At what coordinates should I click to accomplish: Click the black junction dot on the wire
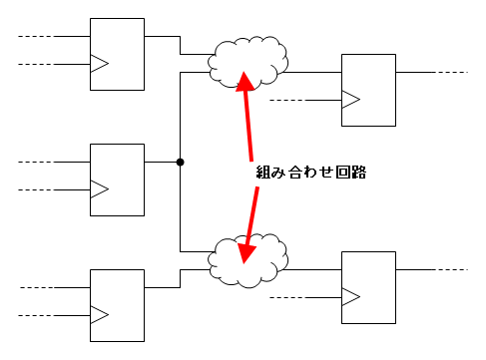click(x=180, y=163)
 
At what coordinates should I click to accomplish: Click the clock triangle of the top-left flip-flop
click(x=99, y=63)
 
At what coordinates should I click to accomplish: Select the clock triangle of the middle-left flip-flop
click(x=99, y=189)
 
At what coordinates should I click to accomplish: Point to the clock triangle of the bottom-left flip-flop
click(x=99, y=315)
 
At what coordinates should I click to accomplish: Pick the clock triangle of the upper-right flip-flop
click(x=350, y=99)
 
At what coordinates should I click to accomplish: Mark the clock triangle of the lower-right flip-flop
click(x=350, y=296)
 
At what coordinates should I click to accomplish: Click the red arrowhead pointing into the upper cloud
click(x=244, y=83)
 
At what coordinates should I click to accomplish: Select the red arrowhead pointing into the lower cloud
click(x=245, y=252)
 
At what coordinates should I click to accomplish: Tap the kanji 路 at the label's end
click(x=358, y=173)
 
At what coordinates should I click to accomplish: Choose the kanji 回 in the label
click(x=342, y=173)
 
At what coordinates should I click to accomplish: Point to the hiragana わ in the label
click(x=310, y=173)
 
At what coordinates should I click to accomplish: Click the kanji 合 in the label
click(x=294, y=173)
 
